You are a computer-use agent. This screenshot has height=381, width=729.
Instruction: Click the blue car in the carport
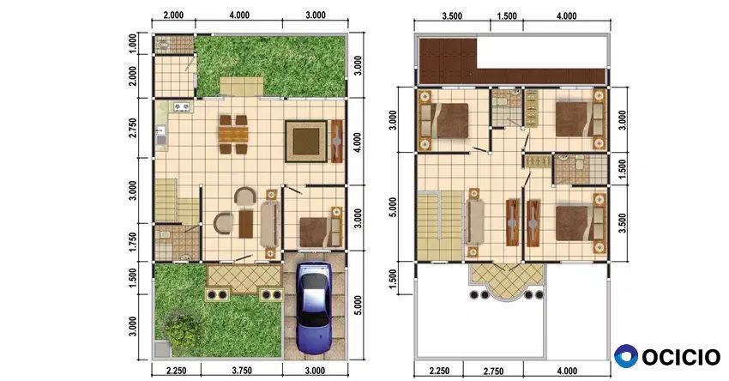[315, 308]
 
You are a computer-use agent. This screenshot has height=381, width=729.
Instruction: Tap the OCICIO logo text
[681, 357]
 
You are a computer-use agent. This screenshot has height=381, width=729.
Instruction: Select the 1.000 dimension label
[133, 43]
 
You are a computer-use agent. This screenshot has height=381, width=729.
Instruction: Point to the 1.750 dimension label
[133, 242]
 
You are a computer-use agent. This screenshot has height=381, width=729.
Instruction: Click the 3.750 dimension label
[242, 371]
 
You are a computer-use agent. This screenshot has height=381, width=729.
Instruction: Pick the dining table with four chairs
[233, 134]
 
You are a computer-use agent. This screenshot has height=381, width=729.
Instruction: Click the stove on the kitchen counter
[182, 107]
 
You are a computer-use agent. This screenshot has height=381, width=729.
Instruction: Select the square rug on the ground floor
[306, 141]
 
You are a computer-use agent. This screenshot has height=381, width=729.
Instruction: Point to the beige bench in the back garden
[241, 87]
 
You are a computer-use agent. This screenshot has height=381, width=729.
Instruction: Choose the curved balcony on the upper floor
[506, 281]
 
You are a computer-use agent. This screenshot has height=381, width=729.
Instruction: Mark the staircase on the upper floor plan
[439, 226]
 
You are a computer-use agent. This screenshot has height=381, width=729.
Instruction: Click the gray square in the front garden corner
[161, 350]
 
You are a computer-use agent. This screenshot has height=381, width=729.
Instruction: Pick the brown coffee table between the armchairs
[246, 224]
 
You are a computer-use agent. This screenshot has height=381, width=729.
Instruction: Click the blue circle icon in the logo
[626, 356]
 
